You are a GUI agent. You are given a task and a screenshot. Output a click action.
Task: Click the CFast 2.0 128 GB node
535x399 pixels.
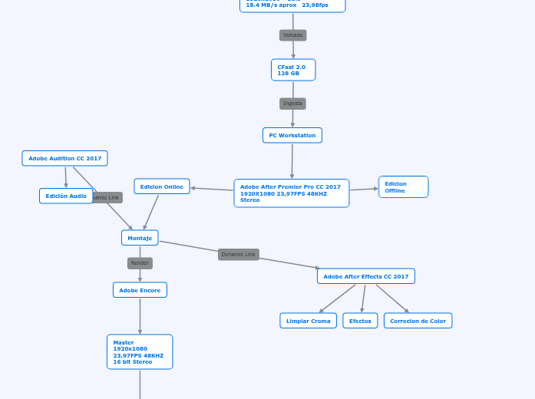click(293, 70)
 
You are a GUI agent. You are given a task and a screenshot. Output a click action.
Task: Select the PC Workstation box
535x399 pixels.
click(292, 135)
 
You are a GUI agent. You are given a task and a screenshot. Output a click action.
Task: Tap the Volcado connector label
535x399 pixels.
click(292, 35)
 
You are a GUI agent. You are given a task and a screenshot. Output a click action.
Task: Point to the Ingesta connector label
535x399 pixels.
click(292, 104)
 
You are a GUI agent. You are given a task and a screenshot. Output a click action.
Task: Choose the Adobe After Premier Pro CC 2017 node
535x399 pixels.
click(291, 193)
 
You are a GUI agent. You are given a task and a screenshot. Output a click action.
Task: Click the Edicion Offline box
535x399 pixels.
click(403, 187)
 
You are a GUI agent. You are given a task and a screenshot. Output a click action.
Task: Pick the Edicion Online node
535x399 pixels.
click(161, 186)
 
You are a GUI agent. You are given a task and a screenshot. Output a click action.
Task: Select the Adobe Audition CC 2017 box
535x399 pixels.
click(64, 158)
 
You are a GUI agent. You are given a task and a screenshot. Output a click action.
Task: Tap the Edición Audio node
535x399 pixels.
click(66, 196)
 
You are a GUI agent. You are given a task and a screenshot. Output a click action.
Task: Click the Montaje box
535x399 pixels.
click(140, 238)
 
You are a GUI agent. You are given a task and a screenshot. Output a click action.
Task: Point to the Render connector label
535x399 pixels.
click(140, 263)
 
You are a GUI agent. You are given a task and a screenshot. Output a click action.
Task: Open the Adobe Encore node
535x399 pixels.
click(140, 290)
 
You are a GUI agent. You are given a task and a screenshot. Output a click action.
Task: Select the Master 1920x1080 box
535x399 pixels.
click(140, 351)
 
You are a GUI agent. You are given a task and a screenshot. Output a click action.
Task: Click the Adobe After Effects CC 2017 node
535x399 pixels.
click(365, 276)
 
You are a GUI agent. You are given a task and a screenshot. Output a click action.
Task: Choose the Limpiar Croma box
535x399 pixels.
click(308, 321)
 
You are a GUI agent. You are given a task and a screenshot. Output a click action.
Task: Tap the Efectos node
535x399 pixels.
click(360, 321)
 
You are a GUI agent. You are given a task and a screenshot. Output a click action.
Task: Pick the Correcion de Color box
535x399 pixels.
click(418, 321)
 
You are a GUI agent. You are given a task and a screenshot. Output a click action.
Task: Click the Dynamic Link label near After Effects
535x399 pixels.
click(238, 255)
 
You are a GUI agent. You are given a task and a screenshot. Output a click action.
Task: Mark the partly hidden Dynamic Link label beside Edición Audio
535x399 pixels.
click(107, 198)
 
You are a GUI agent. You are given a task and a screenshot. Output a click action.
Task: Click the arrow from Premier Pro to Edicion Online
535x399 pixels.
click(213, 189)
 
